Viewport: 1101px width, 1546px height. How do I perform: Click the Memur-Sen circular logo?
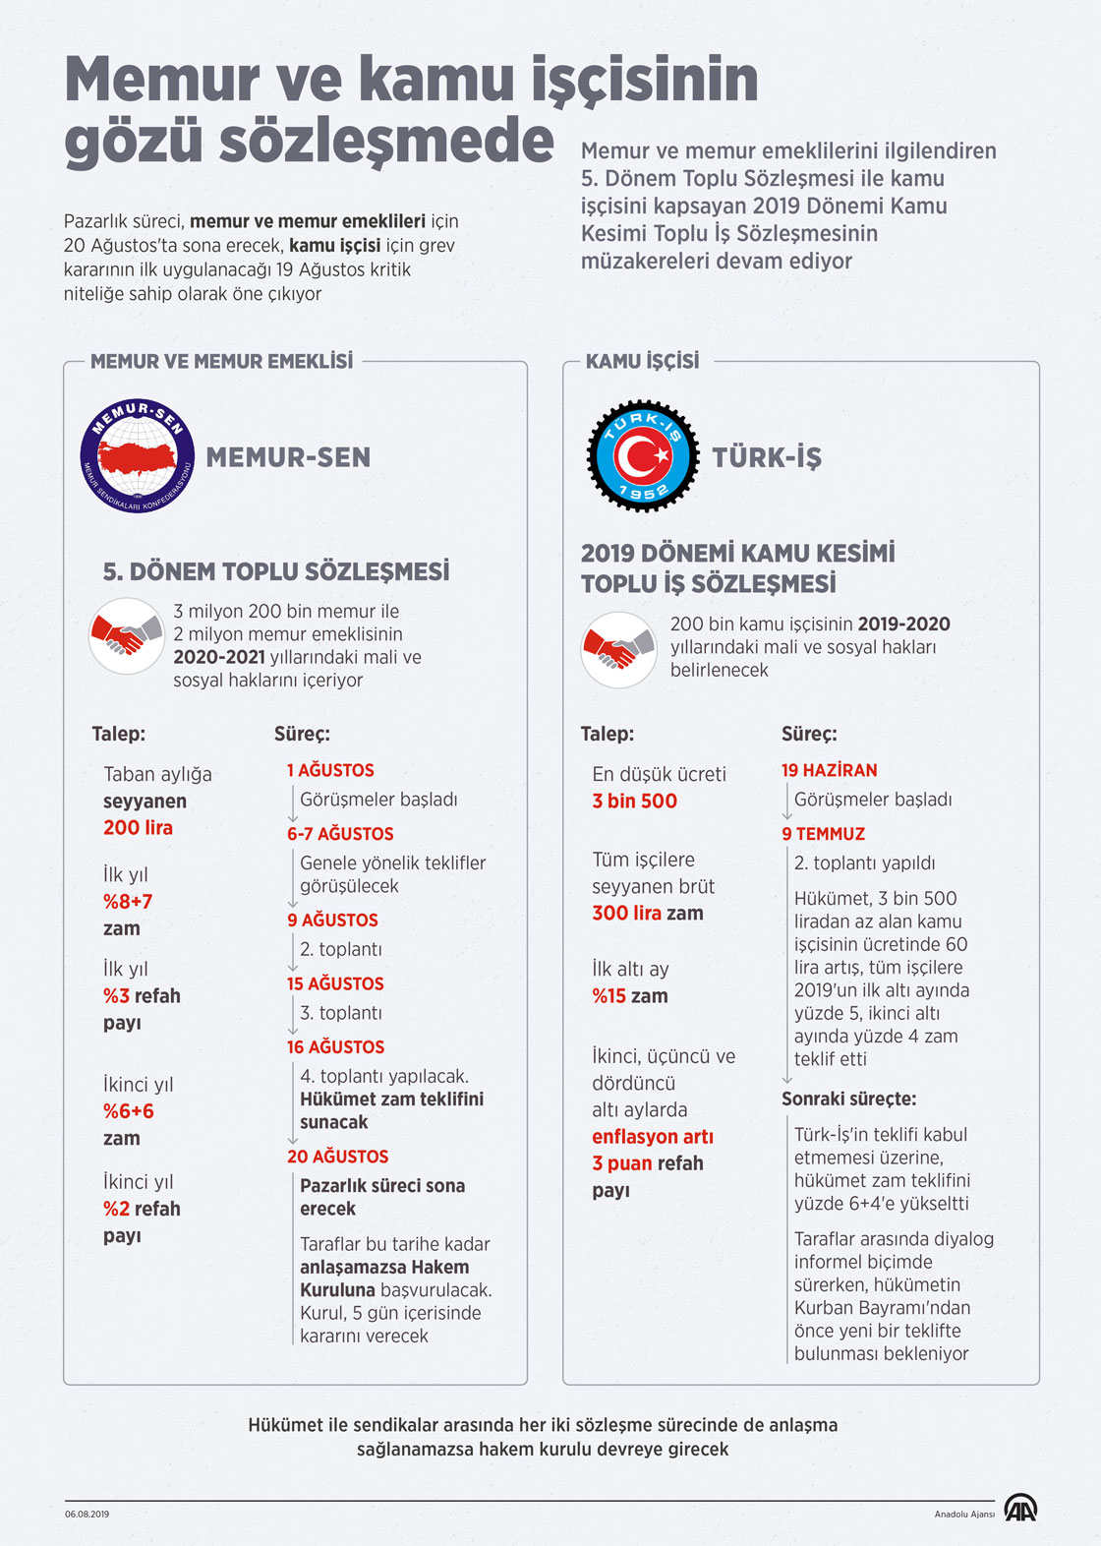[x=137, y=456]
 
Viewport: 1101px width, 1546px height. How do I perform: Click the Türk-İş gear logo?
[x=642, y=455]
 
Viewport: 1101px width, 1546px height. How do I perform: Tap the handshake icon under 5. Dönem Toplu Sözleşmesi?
[x=126, y=636]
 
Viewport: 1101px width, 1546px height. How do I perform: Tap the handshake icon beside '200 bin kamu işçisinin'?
[x=618, y=648]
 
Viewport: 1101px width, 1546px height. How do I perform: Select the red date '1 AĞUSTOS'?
[x=330, y=770]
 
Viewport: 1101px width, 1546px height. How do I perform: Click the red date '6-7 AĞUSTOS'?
[x=340, y=833]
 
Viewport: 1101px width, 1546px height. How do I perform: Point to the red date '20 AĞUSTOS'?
[x=337, y=1157]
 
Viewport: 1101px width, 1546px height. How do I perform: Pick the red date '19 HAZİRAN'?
[x=829, y=770]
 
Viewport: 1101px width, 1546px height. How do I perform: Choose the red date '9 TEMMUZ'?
[x=823, y=833]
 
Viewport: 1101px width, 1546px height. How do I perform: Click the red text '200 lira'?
[x=138, y=827]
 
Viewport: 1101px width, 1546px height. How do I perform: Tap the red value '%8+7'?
[x=128, y=901]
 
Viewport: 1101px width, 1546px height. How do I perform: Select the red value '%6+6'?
[x=129, y=1111]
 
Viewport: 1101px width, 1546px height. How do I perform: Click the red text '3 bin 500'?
[x=634, y=801]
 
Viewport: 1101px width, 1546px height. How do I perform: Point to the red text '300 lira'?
[x=626, y=913]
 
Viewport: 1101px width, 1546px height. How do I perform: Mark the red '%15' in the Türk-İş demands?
[x=608, y=995]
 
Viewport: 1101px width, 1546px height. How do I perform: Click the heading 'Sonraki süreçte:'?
[x=848, y=1099]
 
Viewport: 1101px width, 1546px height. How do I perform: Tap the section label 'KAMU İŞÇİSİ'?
[x=642, y=361]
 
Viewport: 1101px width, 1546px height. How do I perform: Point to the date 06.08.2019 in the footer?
[x=87, y=1514]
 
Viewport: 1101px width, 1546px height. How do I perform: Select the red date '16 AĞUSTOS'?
[x=335, y=1046]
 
